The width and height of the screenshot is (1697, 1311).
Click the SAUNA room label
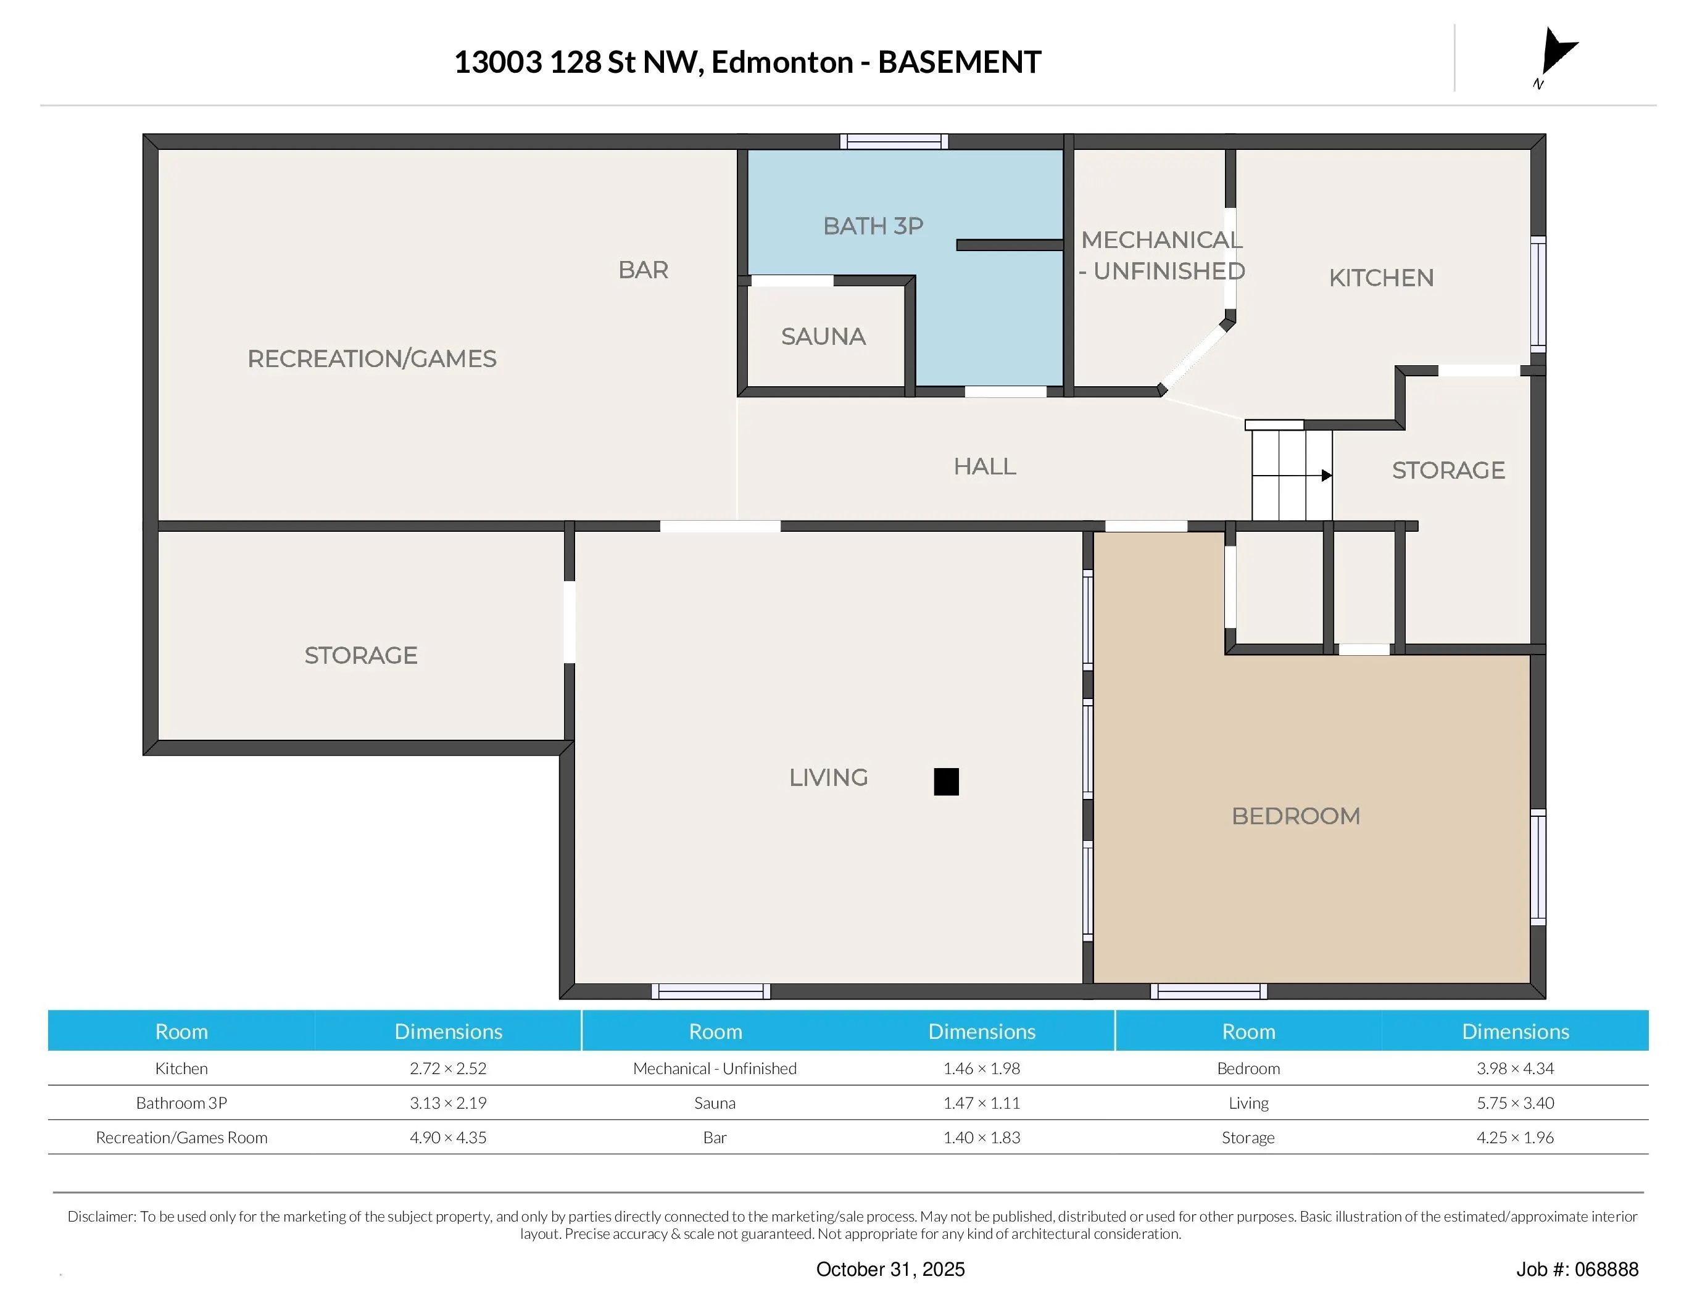823,336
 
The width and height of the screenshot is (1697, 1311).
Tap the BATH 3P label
873,226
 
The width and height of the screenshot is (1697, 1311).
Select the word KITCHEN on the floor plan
1381,278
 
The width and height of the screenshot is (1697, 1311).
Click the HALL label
984,466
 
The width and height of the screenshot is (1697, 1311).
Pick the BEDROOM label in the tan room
1296,816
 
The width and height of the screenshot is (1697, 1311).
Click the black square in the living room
945,781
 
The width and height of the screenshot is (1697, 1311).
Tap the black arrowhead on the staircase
1326,475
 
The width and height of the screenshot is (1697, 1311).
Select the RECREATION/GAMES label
371,359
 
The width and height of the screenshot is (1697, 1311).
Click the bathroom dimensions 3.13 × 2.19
449,1103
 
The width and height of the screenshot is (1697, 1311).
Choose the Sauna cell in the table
715,1103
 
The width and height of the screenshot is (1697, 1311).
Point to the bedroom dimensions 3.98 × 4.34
1515,1068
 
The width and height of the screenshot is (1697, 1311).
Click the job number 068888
1606,1269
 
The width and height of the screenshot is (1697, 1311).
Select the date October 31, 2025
890,1269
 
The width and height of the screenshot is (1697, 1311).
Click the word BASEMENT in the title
960,62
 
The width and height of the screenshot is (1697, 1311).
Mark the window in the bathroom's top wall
894,141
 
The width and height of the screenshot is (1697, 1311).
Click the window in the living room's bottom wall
711,991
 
